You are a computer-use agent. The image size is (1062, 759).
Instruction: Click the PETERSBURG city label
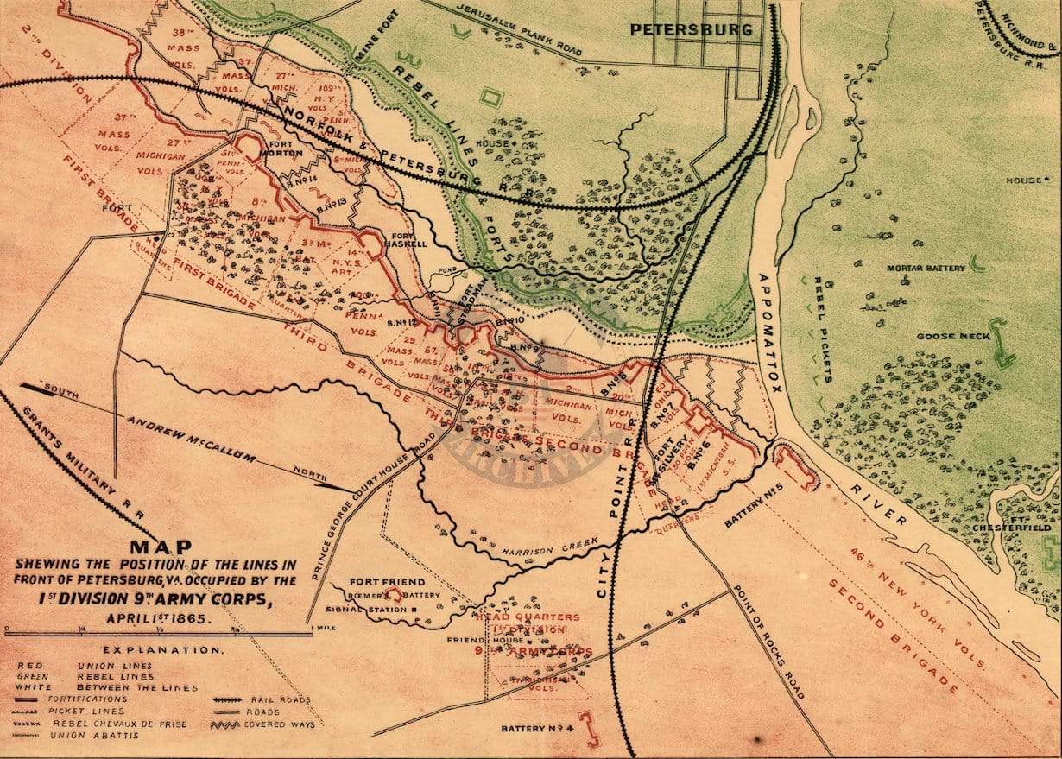(691, 29)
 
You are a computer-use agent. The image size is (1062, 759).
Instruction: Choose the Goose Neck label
(953, 336)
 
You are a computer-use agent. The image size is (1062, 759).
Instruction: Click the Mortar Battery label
(926, 269)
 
